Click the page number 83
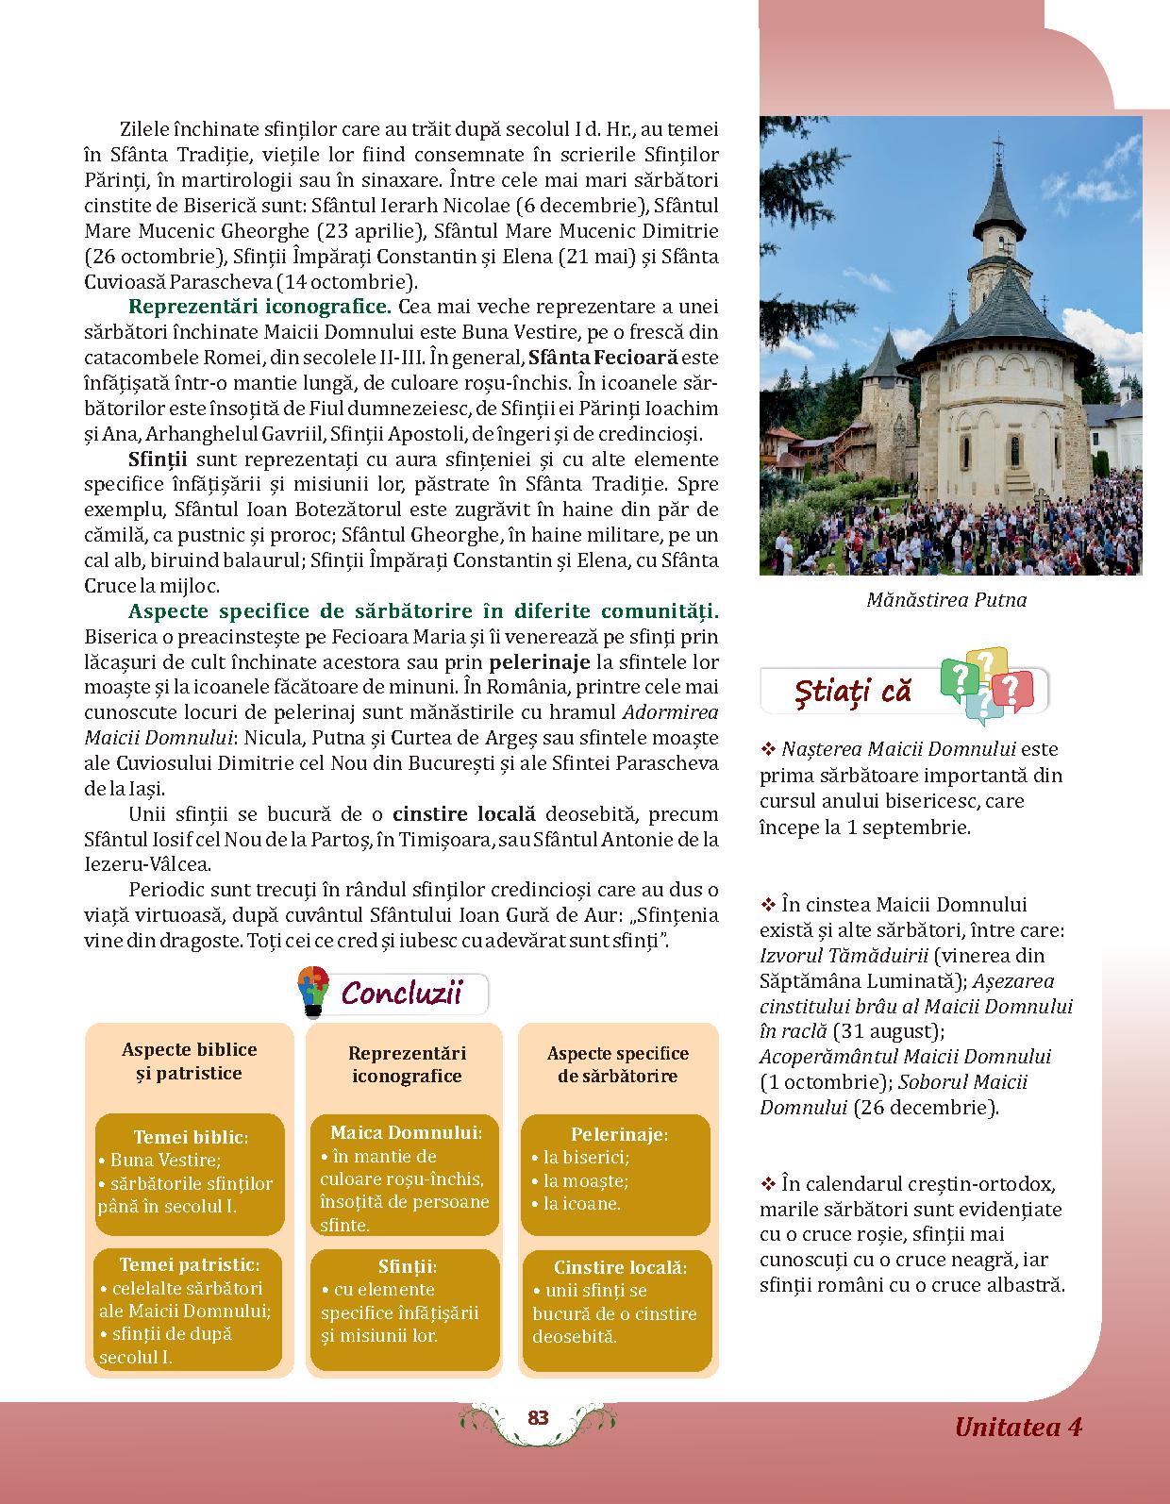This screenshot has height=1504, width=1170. [538, 1418]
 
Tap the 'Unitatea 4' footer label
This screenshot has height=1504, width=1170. [1017, 1426]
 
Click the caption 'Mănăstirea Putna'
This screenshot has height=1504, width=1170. [946, 600]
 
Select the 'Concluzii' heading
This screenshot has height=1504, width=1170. [401, 994]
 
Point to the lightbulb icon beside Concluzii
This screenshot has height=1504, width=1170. [312, 992]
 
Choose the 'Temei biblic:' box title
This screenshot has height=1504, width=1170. [191, 1137]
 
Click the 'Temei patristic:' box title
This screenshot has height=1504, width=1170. [189, 1264]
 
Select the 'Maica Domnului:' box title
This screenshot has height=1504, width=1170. [406, 1132]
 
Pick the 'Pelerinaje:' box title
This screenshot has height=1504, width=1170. [619, 1135]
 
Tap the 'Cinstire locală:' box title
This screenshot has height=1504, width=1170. [620, 1268]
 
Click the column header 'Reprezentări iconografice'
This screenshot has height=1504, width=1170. [406, 1064]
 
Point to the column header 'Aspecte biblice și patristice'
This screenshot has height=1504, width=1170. [189, 1061]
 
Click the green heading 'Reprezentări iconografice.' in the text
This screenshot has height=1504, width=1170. [259, 307]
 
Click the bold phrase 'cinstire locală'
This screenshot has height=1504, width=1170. [464, 813]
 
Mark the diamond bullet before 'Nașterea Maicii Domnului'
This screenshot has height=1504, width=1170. [767, 750]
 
